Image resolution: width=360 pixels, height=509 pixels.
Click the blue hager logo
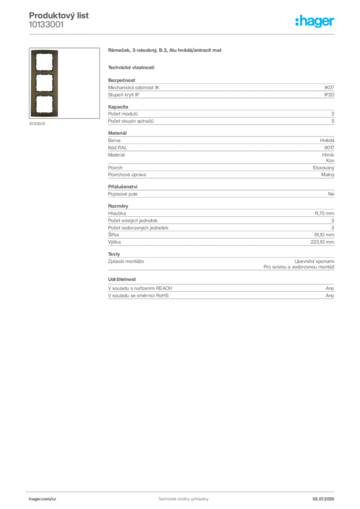tap(315, 21)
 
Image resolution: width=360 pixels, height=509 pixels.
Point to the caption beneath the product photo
tap(38, 124)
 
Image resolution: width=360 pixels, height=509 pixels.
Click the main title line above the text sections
tap(165, 52)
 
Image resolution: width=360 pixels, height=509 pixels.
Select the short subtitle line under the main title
tap(131, 67)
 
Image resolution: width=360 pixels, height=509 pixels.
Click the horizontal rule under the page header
tap(183, 34)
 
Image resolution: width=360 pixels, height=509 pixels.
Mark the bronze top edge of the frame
tap(44, 51)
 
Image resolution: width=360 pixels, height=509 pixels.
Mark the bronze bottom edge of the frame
tap(44, 117)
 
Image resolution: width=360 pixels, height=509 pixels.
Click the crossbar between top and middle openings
tap(44, 72)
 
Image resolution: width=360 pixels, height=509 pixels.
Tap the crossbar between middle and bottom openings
tap(44, 94)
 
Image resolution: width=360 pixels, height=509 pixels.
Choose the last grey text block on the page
tap(220, 292)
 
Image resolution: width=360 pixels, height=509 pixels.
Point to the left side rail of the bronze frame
tap(31, 84)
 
